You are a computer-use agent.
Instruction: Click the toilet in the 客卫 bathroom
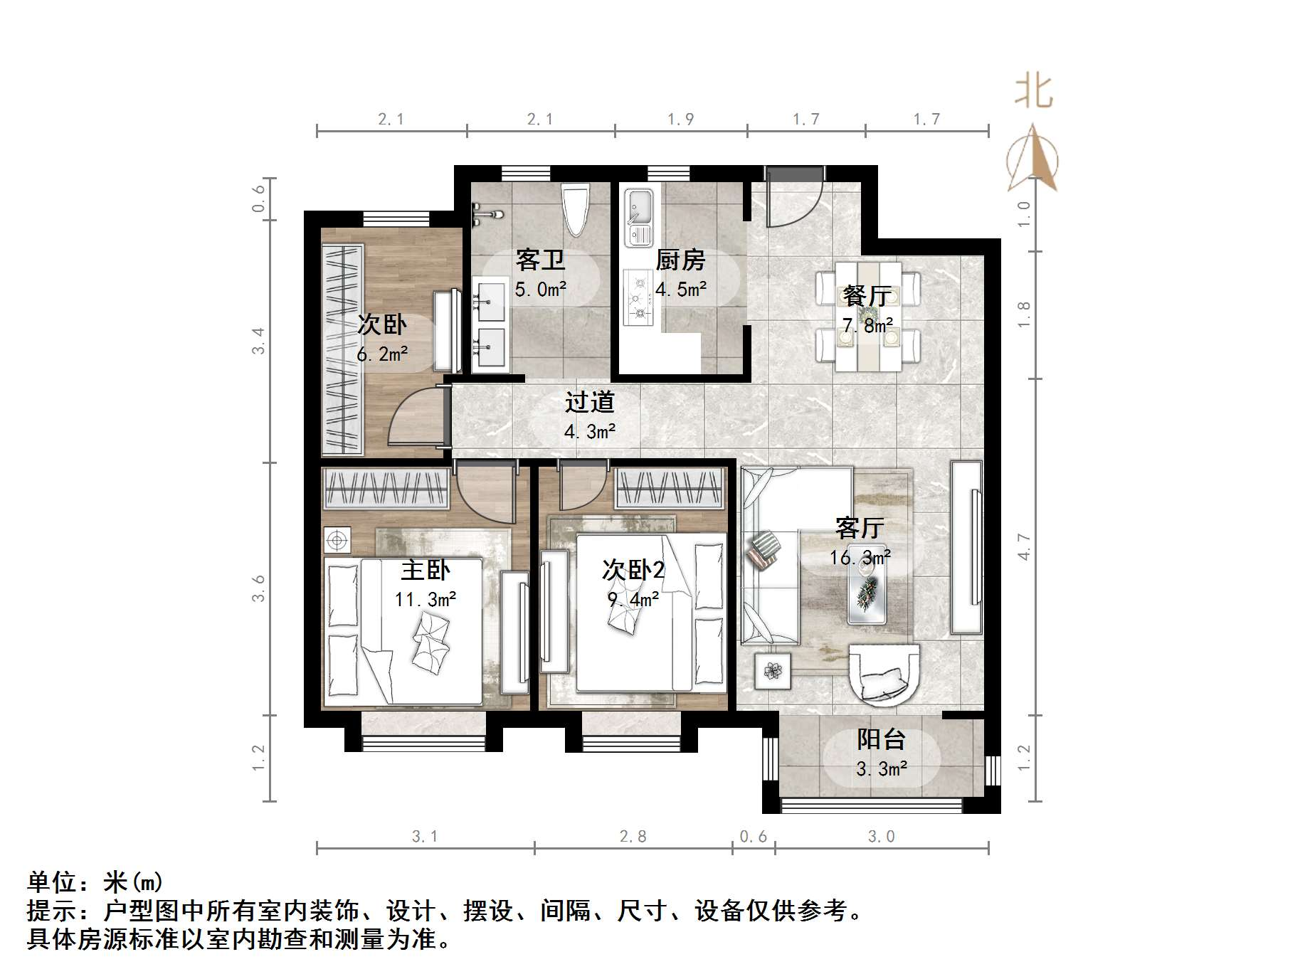pyautogui.click(x=575, y=209)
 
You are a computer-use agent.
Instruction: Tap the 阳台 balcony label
pyautogui.click(x=880, y=739)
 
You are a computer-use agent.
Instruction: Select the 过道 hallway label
pyautogui.click(x=589, y=403)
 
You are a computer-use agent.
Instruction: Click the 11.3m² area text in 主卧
pyautogui.click(x=426, y=600)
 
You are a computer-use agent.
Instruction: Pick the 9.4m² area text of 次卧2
pyautogui.click(x=633, y=600)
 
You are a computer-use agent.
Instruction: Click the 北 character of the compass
pyautogui.click(x=1033, y=93)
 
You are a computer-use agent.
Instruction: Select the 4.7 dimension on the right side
pyautogui.click(x=1024, y=546)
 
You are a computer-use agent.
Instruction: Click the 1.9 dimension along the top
pyautogui.click(x=681, y=120)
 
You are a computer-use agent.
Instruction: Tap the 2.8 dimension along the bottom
pyautogui.click(x=633, y=837)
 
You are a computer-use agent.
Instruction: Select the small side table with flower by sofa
pyautogui.click(x=773, y=670)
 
